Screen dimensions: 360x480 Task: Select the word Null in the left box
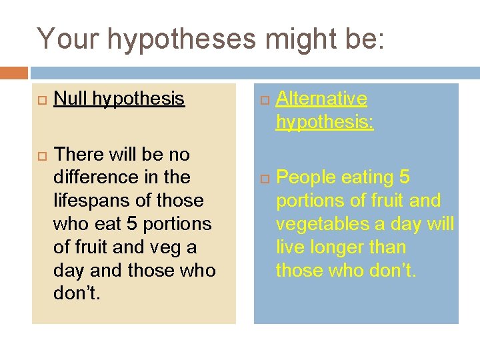point(71,99)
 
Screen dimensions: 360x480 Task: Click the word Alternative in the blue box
point(321,99)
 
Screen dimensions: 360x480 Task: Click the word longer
point(336,247)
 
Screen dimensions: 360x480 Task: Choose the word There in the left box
point(76,154)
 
